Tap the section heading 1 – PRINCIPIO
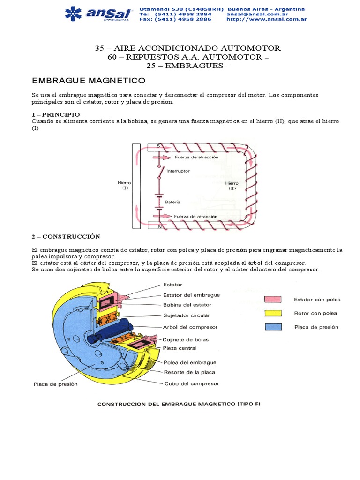tap(55, 114)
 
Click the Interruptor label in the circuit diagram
tap(178, 171)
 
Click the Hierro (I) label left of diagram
tap(125, 185)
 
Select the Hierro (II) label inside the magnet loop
tap(232, 186)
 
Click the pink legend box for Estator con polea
tap(273, 299)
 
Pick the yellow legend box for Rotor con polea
tap(273, 313)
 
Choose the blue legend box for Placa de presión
tap(273, 327)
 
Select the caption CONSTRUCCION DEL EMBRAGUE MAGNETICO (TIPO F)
tap(178, 403)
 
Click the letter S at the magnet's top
tap(158, 146)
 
